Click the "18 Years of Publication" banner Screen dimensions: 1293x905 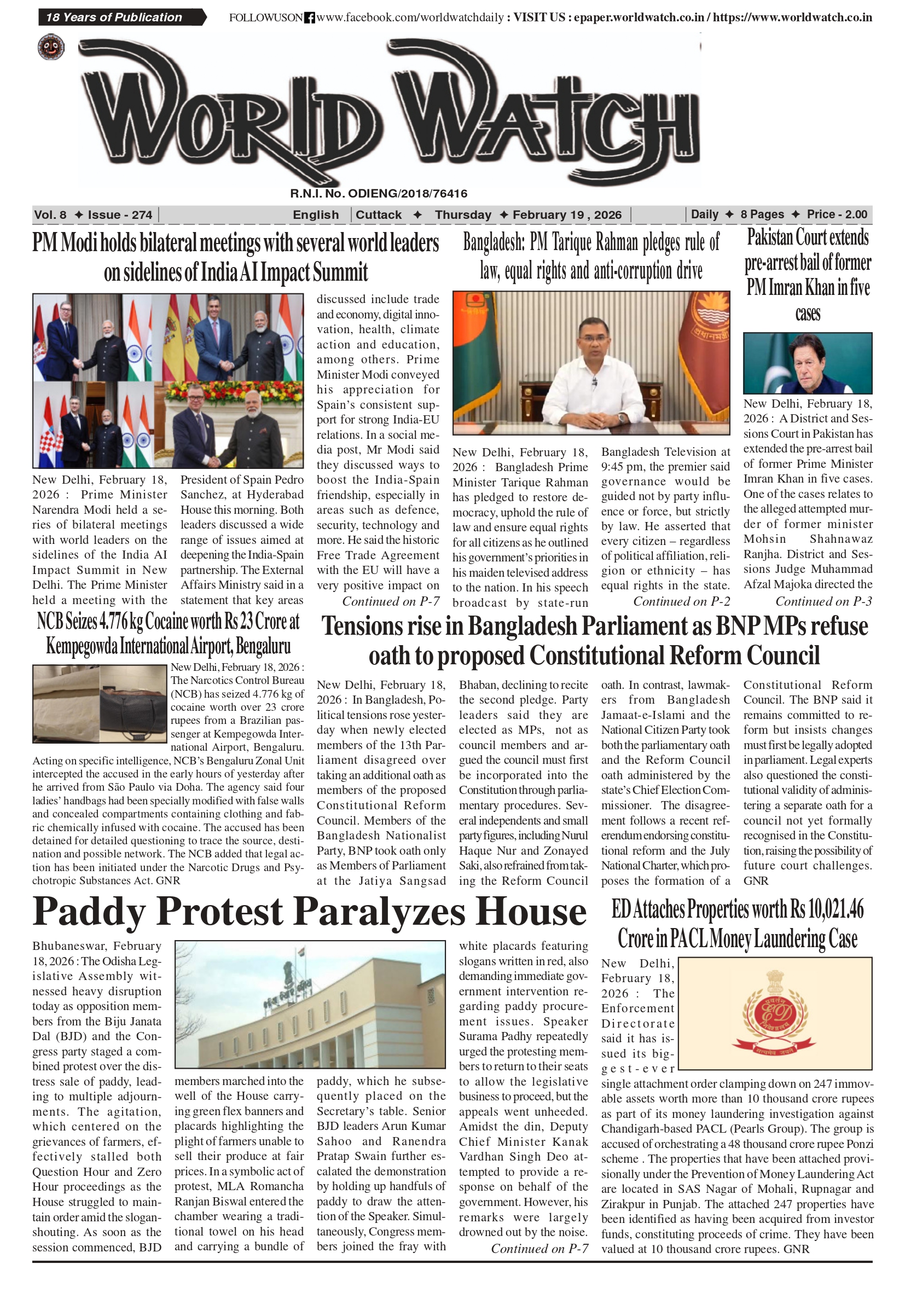pos(114,18)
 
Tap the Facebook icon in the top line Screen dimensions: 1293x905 pos(309,18)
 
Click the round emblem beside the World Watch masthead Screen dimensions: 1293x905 pos(51,47)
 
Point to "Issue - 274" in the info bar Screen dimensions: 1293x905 pos(120,214)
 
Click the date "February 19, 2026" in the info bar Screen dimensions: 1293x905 pos(566,214)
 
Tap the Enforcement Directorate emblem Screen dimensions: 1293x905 pos(776,1013)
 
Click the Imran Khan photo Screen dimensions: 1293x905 pos(808,363)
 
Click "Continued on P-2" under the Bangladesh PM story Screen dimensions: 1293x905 pos(681,601)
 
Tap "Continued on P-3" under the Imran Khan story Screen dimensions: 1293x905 pos(823,601)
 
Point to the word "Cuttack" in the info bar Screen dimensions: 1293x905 pos(379,214)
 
